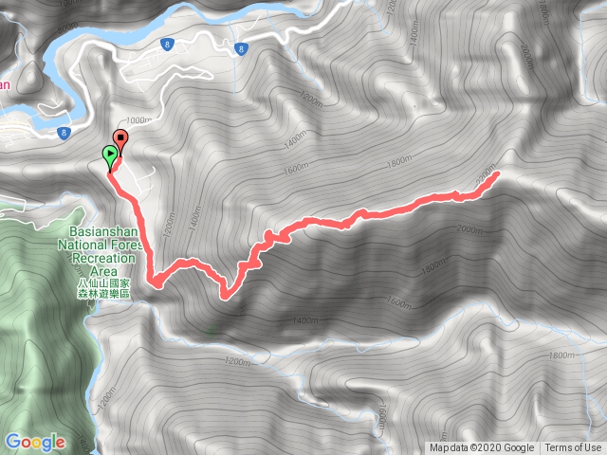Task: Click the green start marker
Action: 111,155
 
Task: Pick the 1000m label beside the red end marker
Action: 138,120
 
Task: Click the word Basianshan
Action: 104,230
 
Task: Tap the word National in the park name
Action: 83,244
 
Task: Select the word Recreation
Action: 102,257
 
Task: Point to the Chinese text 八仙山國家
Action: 103,283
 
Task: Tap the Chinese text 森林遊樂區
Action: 103,296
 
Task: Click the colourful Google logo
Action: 34,442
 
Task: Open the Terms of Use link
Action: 572,448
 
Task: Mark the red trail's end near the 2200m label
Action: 496,175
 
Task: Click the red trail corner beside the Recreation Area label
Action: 152,281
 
